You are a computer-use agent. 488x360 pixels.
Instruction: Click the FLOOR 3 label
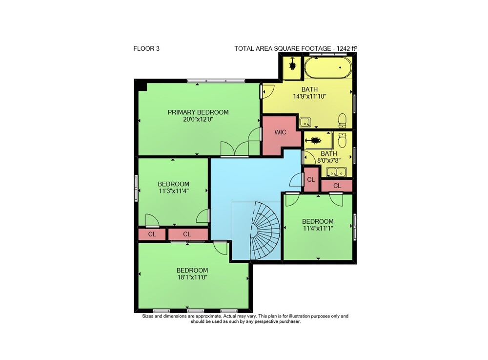(x=146, y=48)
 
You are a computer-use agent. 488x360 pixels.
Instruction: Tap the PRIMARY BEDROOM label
(x=198, y=112)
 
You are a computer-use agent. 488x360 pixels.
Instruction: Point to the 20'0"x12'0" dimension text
(x=198, y=119)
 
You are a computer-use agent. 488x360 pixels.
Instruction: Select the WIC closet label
(x=280, y=132)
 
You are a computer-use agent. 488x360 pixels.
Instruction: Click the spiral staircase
(x=264, y=231)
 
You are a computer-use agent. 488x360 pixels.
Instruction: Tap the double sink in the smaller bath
(x=336, y=172)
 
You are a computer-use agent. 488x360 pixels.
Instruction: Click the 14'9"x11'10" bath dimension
(x=309, y=97)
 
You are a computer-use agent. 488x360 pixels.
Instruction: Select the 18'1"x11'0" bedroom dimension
(x=192, y=277)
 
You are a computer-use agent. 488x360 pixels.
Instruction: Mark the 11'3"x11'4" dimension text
(x=173, y=191)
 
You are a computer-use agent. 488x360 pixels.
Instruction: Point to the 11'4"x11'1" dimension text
(x=318, y=229)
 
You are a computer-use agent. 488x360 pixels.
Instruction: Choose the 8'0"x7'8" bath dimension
(x=328, y=161)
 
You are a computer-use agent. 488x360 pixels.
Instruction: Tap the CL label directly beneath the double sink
(x=337, y=186)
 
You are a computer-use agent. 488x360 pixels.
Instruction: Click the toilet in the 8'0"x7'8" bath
(x=342, y=140)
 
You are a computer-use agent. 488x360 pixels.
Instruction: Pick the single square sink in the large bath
(x=305, y=123)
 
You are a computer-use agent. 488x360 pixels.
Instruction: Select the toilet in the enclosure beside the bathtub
(x=292, y=64)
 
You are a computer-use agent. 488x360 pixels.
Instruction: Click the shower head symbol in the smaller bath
(x=314, y=141)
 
